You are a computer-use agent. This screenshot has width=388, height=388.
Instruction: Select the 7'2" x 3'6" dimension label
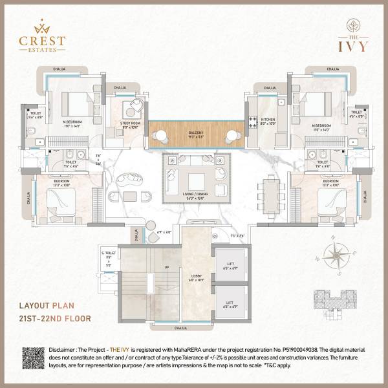pyautogui.click(x=237, y=236)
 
